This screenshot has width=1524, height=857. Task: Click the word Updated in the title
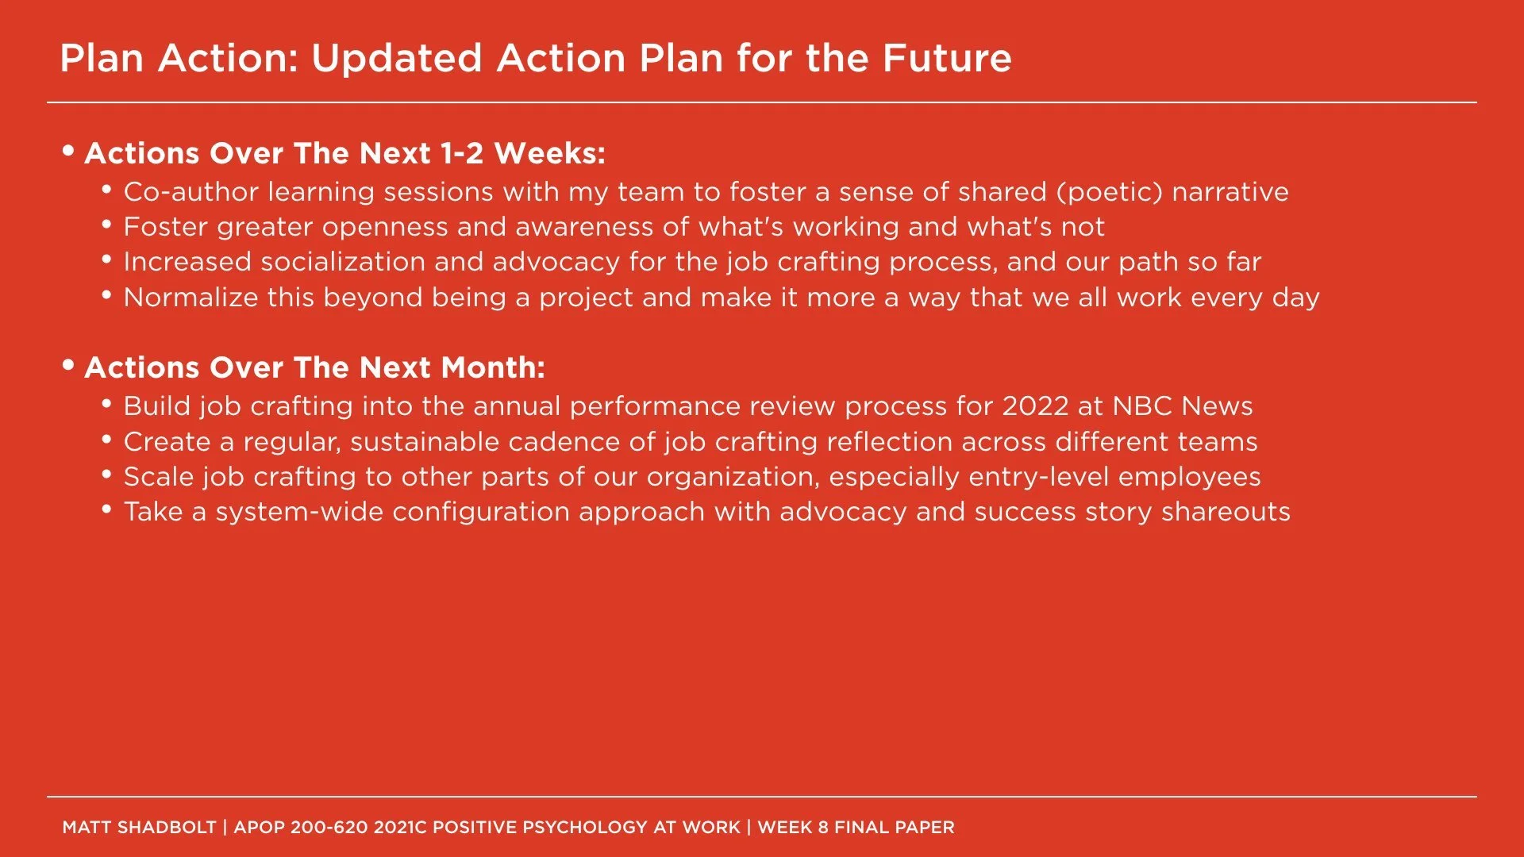tap(396, 58)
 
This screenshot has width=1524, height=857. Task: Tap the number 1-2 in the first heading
tap(461, 153)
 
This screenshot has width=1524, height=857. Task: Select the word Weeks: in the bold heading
tap(549, 153)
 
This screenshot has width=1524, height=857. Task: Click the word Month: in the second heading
tap(493, 367)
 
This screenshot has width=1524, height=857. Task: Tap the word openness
tap(384, 227)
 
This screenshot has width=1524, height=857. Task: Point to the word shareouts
tap(1226, 512)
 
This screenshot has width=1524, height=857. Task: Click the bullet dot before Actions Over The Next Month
tap(68, 365)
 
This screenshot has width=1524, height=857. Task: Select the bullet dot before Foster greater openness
tap(107, 225)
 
